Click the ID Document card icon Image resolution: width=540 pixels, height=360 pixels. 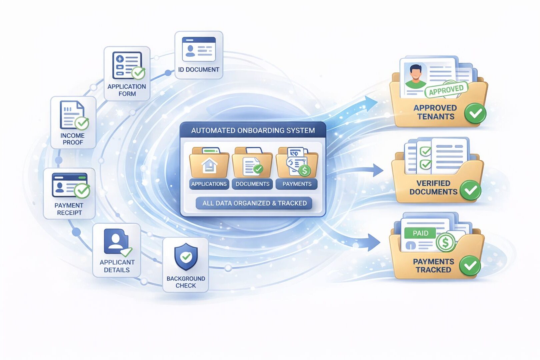click(199, 49)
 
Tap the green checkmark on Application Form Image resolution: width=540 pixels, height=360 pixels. click(138, 73)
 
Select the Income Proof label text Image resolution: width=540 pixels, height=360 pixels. click(73, 139)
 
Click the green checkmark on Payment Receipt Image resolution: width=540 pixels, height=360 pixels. click(82, 191)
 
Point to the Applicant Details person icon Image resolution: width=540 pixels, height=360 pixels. click(115, 241)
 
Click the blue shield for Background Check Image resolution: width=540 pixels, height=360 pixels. click(186, 256)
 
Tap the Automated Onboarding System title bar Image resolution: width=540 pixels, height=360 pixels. click(253, 130)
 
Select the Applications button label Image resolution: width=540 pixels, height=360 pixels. click(209, 184)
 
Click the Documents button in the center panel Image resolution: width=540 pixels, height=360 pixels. click(252, 184)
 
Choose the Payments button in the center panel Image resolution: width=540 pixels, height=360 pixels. click(297, 184)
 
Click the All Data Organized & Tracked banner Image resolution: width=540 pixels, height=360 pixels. click(254, 203)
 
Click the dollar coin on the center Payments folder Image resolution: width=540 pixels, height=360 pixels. click(304, 171)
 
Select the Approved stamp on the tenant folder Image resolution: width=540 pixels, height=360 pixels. click(446, 90)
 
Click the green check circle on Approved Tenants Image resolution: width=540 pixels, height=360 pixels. click(475, 113)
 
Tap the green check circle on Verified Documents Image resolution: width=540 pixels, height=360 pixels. click(470, 190)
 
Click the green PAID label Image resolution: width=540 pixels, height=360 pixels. click(420, 233)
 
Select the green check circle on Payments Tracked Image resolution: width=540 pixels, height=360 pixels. click(470, 266)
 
